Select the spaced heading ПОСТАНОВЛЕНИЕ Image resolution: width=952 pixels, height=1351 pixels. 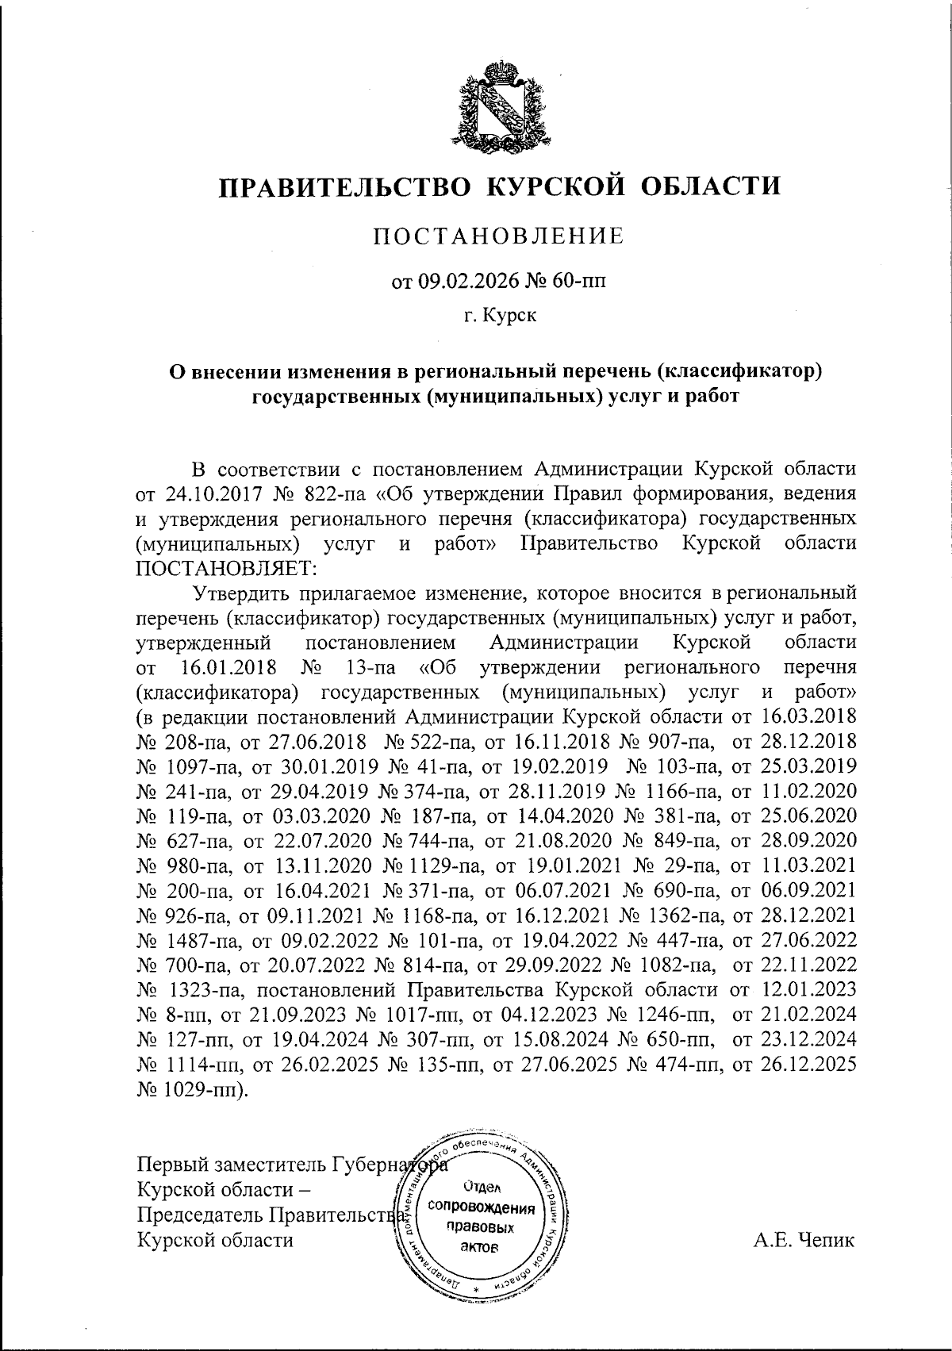(500, 236)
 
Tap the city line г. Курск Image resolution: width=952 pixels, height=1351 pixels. (500, 316)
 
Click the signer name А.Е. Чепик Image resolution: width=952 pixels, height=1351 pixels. (804, 1240)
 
